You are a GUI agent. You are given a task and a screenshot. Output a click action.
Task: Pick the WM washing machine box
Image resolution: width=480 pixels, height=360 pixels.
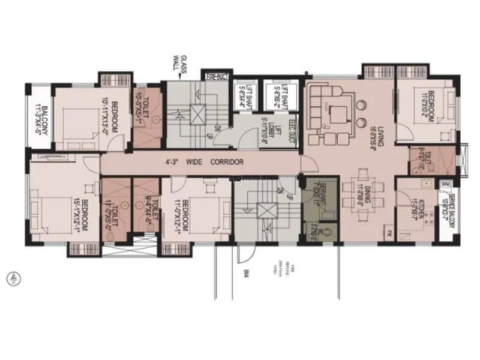(446, 183)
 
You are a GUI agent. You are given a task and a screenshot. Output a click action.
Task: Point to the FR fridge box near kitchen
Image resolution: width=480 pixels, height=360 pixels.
(389, 232)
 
